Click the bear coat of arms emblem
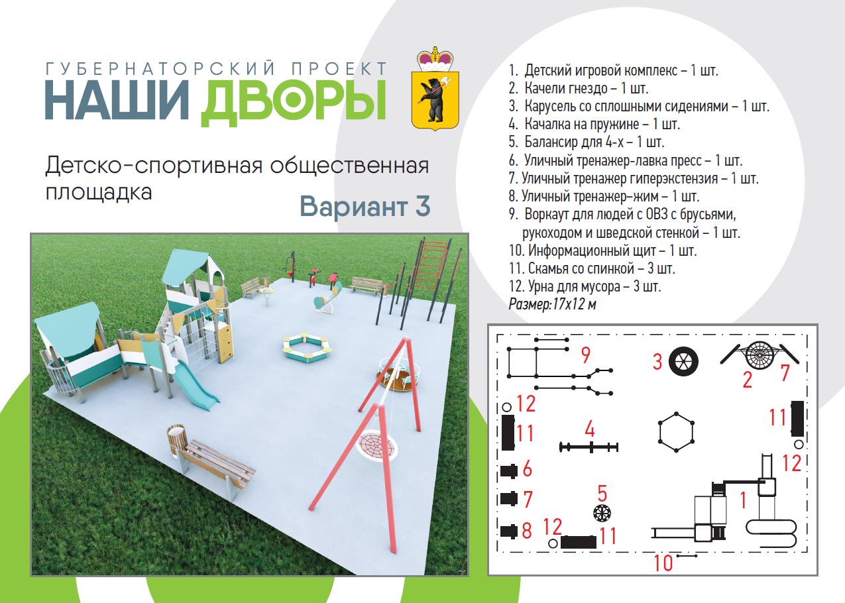coord(435,89)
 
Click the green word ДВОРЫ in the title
coord(294,102)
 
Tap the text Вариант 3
coord(365,206)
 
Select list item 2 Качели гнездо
coord(578,88)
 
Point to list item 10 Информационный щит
coord(602,250)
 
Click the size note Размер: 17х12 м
coord(552,304)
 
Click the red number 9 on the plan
coord(585,355)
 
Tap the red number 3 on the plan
coord(657,361)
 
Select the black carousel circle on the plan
coord(683,361)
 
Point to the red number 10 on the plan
coord(663,563)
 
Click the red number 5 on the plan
coord(602,493)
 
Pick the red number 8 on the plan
coord(527,531)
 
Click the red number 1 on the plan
coord(743,500)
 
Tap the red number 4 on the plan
coord(590,429)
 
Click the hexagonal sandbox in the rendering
coord(308,347)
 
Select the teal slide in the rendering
coord(196,385)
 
